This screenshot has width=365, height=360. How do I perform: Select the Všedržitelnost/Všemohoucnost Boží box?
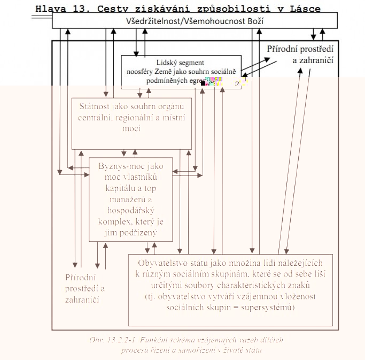(195, 21)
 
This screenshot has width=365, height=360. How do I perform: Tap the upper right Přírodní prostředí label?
(301, 49)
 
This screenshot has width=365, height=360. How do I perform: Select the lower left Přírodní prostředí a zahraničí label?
(85, 288)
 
